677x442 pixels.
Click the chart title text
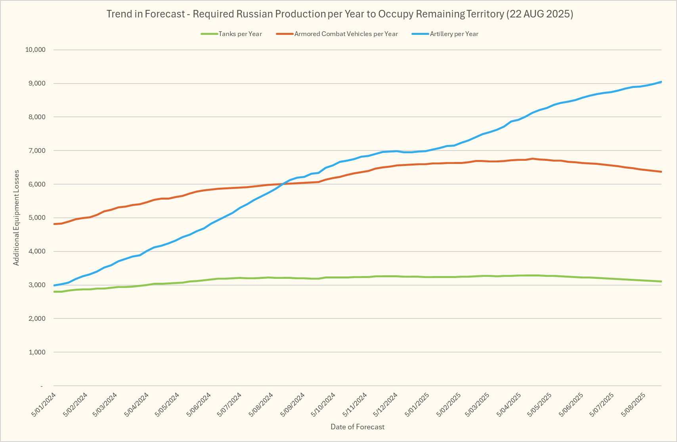(x=340, y=14)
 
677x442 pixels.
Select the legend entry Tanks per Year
(x=240, y=34)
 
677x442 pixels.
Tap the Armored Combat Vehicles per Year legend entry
(x=346, y=34)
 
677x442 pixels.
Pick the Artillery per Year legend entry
(x=454, y=34)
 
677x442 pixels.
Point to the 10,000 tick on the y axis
(x=35, y=50)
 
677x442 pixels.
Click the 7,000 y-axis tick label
(x=37, y=151)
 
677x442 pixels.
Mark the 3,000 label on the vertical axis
(x=37, y=285)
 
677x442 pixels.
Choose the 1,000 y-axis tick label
(x=37, y=352)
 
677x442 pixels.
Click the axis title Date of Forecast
(x=358, y=427)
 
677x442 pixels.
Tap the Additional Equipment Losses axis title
(x=16, y=218)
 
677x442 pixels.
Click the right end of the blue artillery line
(x=661, y=82)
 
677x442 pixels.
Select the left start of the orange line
(x=54, y=224)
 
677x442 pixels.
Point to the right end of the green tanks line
(x=661, y=282)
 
